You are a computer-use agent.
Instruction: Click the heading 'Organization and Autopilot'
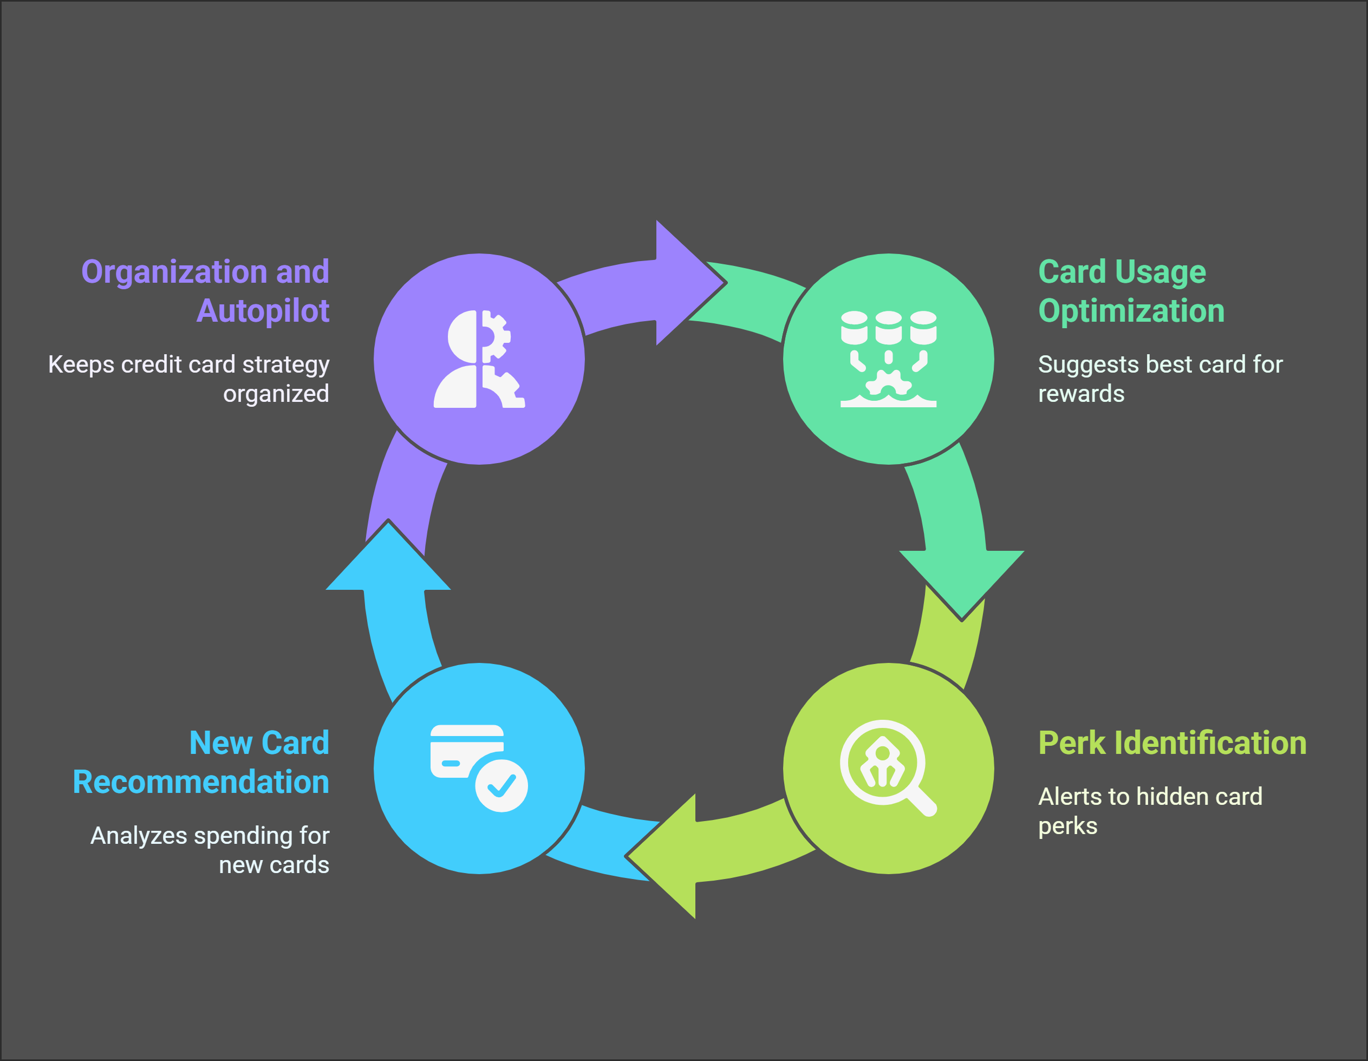click(x=205, y=291)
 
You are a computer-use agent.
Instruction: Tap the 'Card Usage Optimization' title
click(x=1131, y=291)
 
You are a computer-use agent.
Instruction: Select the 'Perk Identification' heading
click(x=1172, y=743)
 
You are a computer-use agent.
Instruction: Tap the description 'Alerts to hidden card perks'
click(x=1149, y=811)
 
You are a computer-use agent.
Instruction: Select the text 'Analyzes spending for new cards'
click(x=210, y=850)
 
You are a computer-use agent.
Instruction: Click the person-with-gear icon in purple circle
click(x=479, y=359)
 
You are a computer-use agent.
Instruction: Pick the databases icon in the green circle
click(x=888, y=359)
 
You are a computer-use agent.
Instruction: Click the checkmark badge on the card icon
click(x=501, y=786)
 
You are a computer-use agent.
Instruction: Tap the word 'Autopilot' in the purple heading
click(x=263, y=311)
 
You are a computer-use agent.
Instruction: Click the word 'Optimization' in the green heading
click(x=1131, y=311)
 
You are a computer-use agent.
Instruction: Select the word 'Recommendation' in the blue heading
click(x=200, y=782)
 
